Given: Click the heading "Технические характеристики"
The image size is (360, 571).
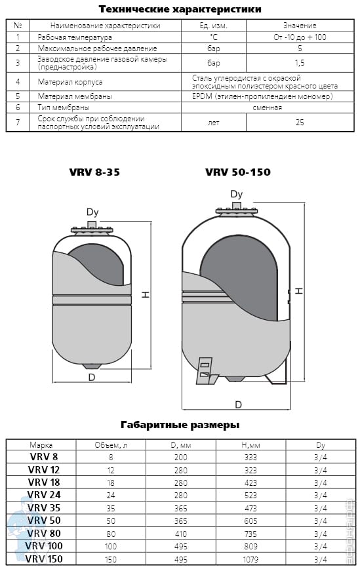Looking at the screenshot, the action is (180, 9).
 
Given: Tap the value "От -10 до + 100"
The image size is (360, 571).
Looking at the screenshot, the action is (300, 37).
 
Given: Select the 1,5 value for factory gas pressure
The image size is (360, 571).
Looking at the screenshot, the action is (300, 63).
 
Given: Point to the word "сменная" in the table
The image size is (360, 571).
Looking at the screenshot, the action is (268, 108).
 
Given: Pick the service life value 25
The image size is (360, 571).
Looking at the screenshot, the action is (300, 123).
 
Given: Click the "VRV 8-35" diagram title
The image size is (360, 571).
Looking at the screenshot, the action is (94, 172).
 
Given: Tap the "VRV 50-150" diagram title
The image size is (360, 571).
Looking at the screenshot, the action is (238, 172).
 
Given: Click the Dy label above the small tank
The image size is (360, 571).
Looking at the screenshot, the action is (92, 212).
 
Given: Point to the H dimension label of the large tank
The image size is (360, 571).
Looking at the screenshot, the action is (299, 291).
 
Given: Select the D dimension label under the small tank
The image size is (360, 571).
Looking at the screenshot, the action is (92, 377).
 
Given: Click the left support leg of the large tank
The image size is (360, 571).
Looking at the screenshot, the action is (205, 370).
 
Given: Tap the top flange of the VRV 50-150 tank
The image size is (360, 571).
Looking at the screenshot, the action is (237, 211).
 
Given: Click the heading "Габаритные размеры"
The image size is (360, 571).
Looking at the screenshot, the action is (180, 425).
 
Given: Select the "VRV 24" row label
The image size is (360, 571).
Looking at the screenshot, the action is (44, 495).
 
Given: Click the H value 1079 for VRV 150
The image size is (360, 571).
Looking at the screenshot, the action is (250, 559).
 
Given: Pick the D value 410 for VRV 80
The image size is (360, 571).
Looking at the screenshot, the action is (181, 534).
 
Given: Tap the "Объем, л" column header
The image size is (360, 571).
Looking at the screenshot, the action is (111, 445).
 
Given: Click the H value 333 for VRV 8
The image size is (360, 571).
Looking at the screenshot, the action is (250, 458).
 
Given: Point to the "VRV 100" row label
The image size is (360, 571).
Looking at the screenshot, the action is (44, 546).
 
